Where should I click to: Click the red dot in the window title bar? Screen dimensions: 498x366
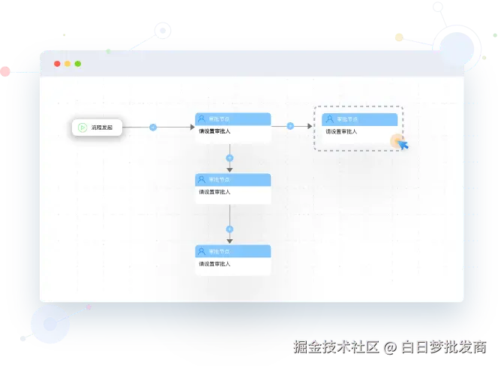click(57, 64)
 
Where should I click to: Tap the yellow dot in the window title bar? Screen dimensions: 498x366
click(67, 64)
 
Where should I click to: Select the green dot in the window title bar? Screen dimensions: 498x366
click(78, 64)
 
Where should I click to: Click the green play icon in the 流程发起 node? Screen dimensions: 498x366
click(82, 127)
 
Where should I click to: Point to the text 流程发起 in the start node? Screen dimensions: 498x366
click(102, 127)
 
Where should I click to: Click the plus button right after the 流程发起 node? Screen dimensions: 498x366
click(153, 127)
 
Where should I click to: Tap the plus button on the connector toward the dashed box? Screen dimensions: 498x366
click(289, 126)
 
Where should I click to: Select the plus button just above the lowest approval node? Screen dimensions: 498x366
click(229, 229)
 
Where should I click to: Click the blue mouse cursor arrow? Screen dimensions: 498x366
click(403, 144)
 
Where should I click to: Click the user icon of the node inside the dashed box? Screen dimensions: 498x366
click(329, 119)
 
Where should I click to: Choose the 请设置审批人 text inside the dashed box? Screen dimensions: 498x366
click(341, 132)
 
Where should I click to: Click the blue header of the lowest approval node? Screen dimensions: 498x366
click(232, 251)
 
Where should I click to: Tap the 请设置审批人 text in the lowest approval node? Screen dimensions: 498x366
click(214, 264)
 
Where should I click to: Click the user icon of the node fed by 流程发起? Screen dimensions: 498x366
click(202, 118)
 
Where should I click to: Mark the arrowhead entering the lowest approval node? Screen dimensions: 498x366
click(229, 241)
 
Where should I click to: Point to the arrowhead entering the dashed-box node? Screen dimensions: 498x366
click(308, 126)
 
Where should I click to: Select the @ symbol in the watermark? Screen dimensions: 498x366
click(389, 346)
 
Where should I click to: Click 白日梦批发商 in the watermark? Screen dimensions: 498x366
click(442, 346)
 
